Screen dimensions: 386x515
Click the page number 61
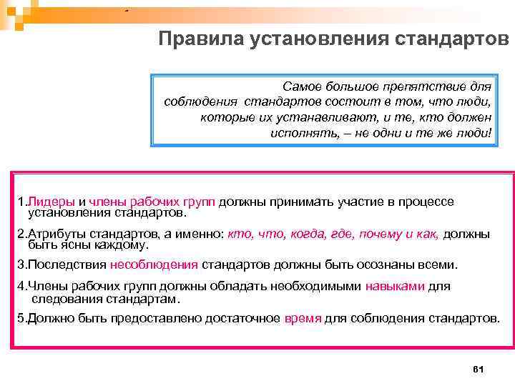[479, 369]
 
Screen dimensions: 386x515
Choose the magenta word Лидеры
[50, 203]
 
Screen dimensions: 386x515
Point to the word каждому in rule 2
[123, 244]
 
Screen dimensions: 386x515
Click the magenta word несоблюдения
[154, 264]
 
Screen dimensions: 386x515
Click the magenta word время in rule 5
[303, 317]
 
